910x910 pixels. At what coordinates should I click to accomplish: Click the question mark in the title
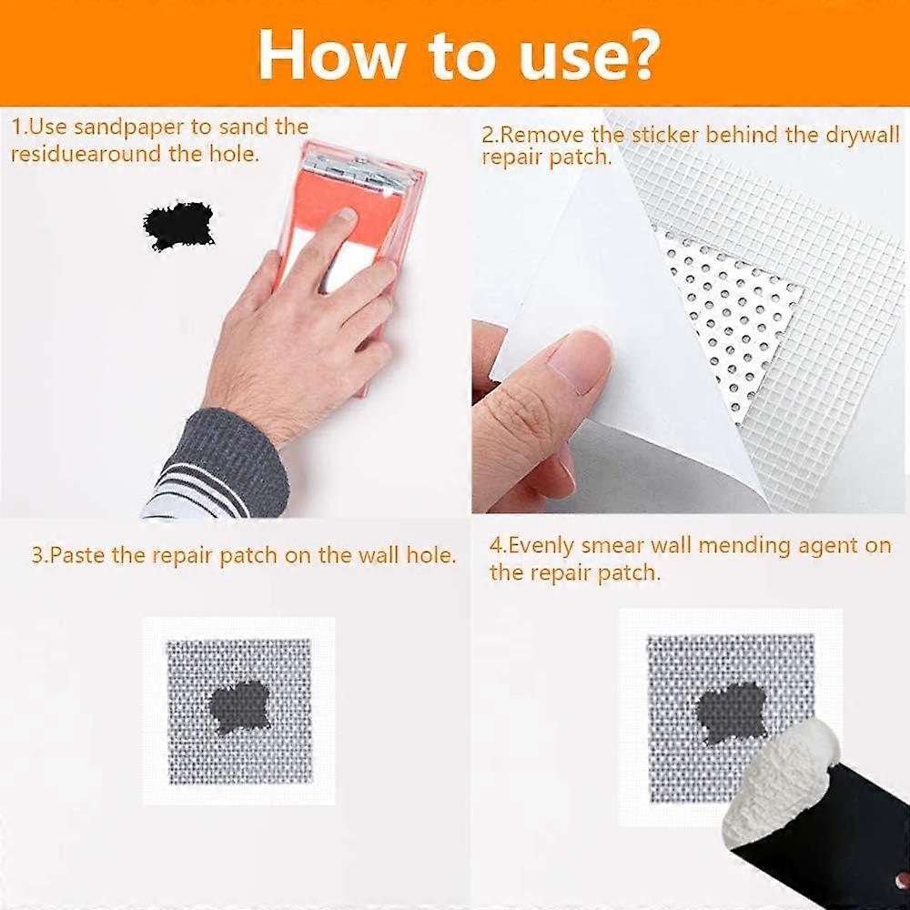[636, 54]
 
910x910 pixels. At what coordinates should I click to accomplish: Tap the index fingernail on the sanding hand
[343, 216]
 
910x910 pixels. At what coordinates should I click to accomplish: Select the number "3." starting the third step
[39, 555]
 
